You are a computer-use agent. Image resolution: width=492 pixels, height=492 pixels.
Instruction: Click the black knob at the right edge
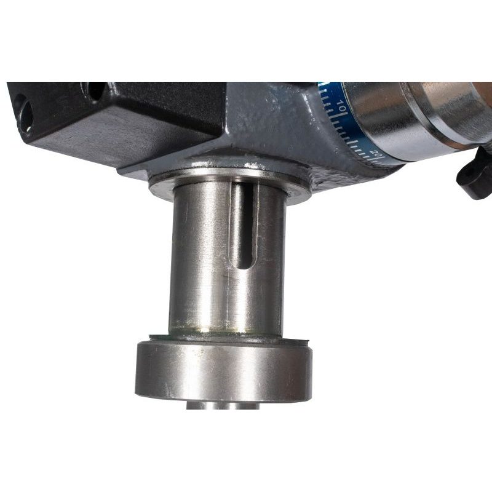tap(474, 173)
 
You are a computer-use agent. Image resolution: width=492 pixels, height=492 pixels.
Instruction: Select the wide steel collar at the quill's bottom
tap(223, 372)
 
